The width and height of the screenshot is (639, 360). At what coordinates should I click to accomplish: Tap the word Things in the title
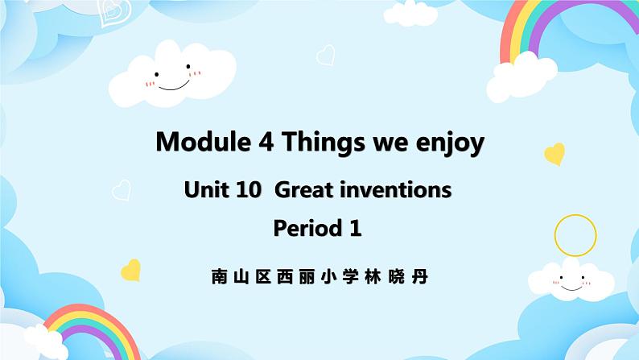(x=319, y=142)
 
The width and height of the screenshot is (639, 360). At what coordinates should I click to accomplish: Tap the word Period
(x=307, y=229)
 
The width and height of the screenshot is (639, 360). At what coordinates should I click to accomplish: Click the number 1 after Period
(x=355, y=229)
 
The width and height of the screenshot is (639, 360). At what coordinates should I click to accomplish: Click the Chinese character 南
(x=219, y=277)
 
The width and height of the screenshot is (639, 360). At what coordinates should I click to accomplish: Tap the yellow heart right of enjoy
(x=554, y=153)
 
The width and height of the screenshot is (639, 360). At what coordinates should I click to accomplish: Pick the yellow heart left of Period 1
(x=130, y=269)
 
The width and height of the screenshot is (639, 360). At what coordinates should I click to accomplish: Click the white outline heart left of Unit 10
(x=121, y=189)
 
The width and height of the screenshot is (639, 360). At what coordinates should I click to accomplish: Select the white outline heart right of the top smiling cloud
(x=325, y=55)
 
